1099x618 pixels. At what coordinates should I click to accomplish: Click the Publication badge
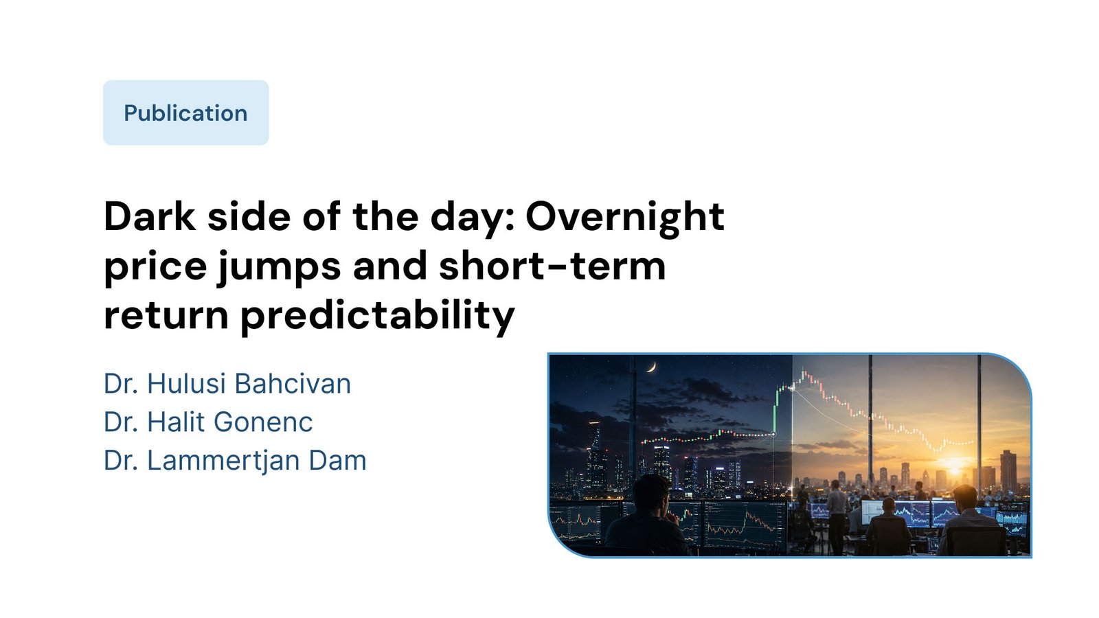click(186, 113)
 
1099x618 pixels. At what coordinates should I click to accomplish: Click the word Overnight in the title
click(624, 217)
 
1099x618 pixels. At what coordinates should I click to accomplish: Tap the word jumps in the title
click(279, 266)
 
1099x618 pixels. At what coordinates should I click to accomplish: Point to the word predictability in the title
click(377, 315)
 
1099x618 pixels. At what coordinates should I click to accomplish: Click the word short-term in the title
click(552, 265)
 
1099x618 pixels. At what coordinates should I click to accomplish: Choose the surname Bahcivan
click(293, 383)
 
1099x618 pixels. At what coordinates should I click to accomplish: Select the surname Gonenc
click(263, 422)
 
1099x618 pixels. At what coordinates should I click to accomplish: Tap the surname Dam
click(337, 461)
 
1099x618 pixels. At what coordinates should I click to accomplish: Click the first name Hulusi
click(186, 383)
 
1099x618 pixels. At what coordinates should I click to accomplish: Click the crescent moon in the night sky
click(652, 367)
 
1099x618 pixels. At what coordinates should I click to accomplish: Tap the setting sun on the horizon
click(955, 463)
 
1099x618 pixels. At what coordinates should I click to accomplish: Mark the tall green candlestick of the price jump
click(775, 412)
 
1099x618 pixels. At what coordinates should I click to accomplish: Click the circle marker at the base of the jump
click(773, 435)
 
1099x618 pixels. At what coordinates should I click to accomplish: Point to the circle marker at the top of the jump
click(792, 388)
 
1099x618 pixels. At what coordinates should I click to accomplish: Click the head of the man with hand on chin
click(650, 494)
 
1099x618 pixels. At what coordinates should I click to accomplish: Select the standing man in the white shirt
click(837, 515)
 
